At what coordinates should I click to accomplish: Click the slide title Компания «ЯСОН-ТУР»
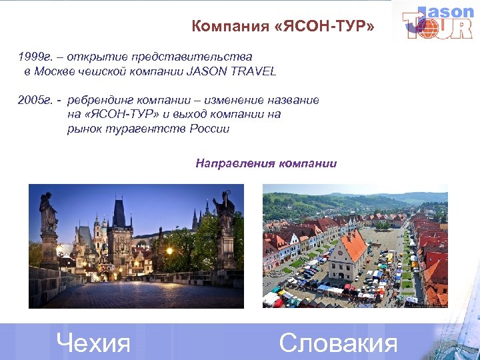(283, 27)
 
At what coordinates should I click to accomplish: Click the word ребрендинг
(99, 100)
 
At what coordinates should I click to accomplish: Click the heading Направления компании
(266, 163)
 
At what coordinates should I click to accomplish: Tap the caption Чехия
(93, 343)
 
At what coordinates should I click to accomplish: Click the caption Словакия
(338, 343)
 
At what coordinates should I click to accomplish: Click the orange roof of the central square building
(353, 244)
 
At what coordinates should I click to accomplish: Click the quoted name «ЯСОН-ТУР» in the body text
(115, 114)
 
